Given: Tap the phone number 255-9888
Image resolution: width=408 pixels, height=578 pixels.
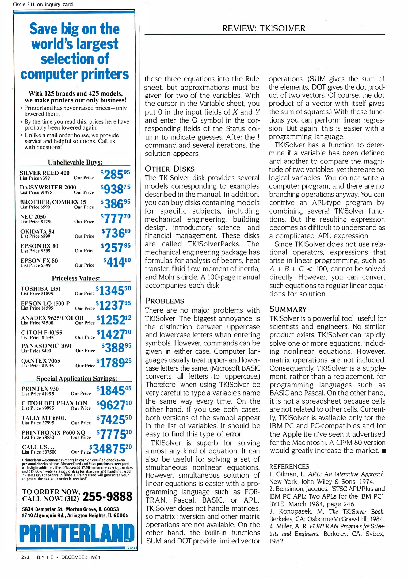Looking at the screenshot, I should (x=107, y=497).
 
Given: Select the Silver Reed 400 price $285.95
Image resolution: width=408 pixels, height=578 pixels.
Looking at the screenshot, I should (x=115, y=174).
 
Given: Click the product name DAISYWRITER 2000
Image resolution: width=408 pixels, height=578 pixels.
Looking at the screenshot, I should (x=48, y=187).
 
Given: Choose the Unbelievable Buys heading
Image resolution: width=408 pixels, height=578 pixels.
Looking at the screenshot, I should (x=75, y=162).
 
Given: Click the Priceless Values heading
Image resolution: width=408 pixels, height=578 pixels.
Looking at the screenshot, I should (x=76, y=278).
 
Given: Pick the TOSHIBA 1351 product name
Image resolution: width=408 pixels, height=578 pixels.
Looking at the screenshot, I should (x=41, y=289).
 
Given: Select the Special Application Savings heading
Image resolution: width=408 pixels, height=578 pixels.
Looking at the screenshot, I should (x=77, y=378).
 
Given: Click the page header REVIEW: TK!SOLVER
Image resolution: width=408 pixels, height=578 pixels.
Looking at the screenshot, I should (x=264, y=28).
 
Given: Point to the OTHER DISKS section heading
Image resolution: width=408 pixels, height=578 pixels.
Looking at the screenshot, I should (x=170, y=169).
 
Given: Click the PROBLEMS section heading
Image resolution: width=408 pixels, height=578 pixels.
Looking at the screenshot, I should (x=165, y=301).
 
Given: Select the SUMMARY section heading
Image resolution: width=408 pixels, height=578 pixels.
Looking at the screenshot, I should (x=288, y=309).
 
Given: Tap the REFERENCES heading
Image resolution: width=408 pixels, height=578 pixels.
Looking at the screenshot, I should (x=289, y=467).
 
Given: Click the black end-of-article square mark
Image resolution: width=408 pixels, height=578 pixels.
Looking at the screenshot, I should (x=384, y=451).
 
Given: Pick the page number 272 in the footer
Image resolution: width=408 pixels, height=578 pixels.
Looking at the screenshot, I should (x=25, y=557).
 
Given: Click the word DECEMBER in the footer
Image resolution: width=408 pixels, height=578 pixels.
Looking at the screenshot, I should (x=74, y=557).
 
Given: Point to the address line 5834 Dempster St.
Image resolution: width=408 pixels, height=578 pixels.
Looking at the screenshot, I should (x=70, y=509).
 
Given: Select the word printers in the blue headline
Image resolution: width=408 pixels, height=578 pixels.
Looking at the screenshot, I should (x=105, y=74).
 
